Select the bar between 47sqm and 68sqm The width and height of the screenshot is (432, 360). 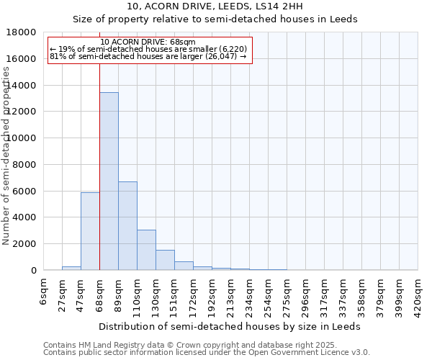90,231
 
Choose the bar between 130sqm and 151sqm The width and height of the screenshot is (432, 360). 165,260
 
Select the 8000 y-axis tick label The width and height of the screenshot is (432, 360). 24,165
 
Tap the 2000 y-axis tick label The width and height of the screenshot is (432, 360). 24,244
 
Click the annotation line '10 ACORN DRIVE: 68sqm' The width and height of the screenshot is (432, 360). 148,42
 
